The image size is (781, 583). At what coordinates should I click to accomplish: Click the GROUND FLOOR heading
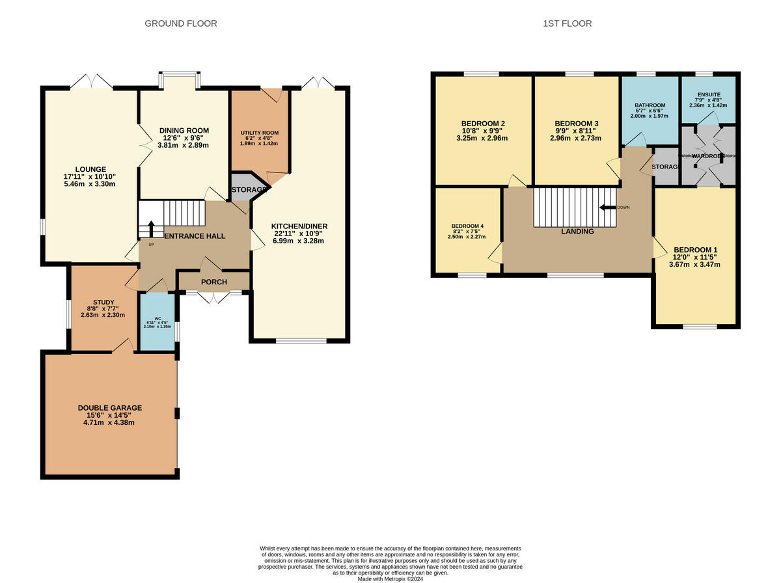tap(180, 23)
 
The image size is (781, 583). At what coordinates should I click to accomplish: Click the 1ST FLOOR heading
tap(568, 23)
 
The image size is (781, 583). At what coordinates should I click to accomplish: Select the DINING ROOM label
tap(184, 130)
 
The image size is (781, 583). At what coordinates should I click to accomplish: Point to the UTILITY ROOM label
tap(260, 133)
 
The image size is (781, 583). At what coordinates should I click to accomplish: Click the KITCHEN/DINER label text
tap(299, 226)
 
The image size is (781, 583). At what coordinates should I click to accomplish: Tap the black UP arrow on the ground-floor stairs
tap(152, 229)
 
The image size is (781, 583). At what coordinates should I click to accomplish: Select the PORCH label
tap(214, 282)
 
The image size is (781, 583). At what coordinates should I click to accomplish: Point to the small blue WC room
tap(158, 323)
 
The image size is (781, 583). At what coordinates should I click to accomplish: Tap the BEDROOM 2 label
tap(483, 124)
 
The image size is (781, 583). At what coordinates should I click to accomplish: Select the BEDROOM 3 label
tap(576, 124)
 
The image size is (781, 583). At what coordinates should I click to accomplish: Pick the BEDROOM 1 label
tap(696, 250)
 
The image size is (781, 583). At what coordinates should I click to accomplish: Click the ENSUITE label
tap(707, 94)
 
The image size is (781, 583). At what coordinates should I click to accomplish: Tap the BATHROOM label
tap(650, 105)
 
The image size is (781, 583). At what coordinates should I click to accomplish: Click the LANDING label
tap(578, 231)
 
